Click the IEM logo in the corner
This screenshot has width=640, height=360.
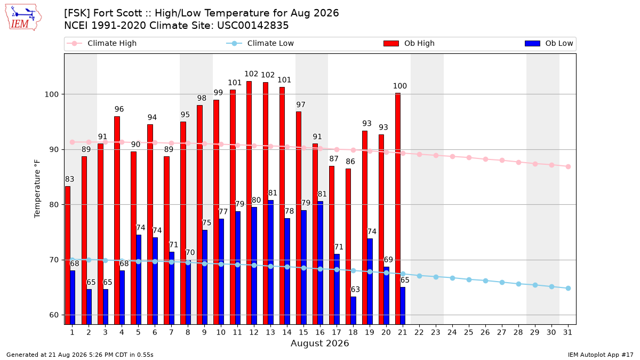point(23,18)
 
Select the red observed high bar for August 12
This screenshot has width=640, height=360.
point(249,203)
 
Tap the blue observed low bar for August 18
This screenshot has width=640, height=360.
point(354,310)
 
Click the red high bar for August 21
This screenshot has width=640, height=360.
point(398,209)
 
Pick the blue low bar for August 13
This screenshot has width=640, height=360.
point(270,262)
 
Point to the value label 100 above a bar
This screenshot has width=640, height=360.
point(399,86)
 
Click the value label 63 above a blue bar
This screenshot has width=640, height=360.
point(355,290)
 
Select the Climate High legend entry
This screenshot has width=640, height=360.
point(102,43)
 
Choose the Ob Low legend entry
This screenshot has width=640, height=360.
point(549,43)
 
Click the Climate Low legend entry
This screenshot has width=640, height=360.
point(260,43)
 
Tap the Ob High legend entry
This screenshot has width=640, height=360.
point(409,43)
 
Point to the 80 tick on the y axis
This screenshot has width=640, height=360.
point(54,205)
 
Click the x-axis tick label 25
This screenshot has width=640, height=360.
point(469,332)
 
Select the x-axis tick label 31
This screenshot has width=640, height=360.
point(567,332)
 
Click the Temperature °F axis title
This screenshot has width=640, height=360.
point(37,189)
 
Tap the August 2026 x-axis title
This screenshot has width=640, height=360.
point(319,343)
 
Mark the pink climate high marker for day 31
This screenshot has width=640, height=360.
point(568,166)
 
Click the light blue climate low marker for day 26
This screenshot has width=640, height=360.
point(485,281)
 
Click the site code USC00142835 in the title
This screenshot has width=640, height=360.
point(253,26)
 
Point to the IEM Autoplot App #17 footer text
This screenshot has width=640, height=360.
point(601,355)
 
